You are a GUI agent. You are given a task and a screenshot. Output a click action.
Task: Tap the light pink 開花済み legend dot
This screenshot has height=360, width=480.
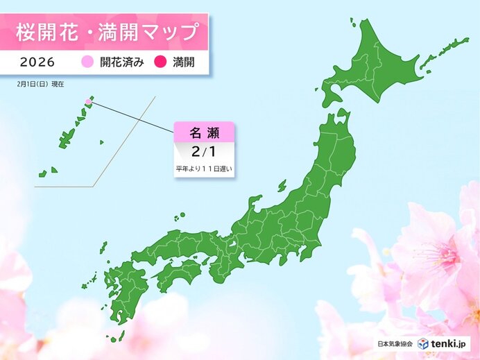point(88,62)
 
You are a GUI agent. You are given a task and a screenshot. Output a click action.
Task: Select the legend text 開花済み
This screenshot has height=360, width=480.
point(121,62)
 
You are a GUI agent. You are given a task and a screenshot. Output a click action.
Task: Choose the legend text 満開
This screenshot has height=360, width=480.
point(182,62)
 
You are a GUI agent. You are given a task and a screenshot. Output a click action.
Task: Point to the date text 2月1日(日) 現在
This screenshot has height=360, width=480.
point(40,83)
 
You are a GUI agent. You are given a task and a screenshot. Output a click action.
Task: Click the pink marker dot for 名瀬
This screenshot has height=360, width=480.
point(88,103)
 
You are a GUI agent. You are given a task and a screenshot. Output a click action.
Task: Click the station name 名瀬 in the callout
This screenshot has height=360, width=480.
point(203,133)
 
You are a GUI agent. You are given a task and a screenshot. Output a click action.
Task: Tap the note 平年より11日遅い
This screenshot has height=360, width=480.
point(203,169)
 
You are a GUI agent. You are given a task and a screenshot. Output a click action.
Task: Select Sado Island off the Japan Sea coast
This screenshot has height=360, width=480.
point(282,186)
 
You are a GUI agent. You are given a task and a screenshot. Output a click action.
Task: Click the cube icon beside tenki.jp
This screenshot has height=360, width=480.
point(422,343)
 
